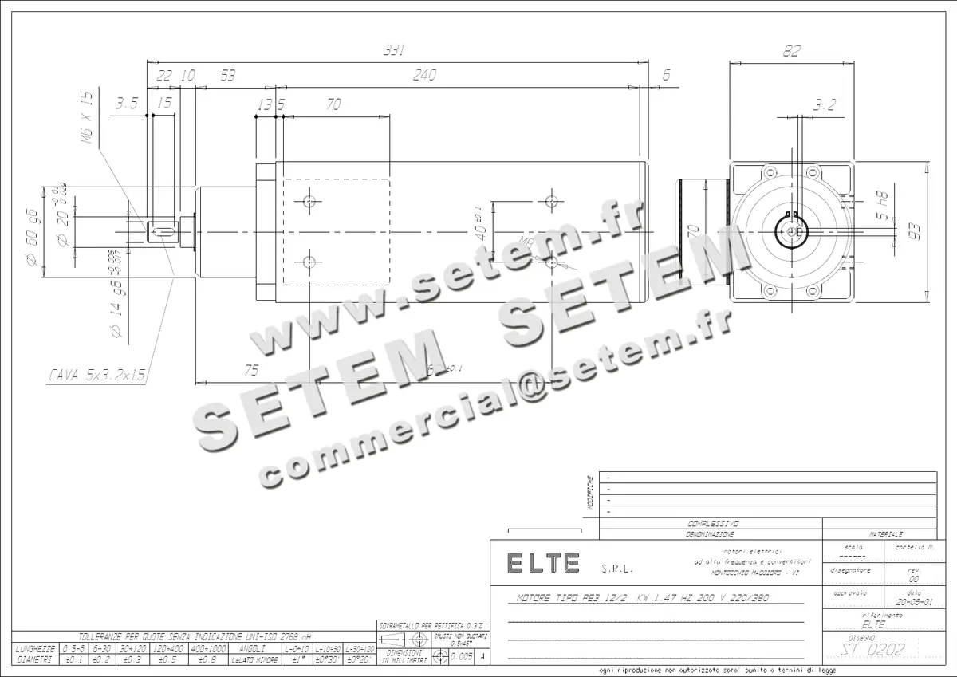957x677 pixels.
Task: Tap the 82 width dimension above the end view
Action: tap(790, 50)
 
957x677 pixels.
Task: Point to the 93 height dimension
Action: tap(915, 232)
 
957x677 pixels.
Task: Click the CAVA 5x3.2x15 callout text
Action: tap(97, 373)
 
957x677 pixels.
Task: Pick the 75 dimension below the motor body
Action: tap(252, 369)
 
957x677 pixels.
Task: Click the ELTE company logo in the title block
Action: tap(544, 563)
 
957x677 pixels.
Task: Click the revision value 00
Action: tap(914, 581)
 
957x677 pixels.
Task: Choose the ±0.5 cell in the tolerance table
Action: tap(167, 659)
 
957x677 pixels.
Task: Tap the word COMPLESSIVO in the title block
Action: tap(712, 524)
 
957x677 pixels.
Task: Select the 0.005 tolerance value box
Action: tap(461, 656)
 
